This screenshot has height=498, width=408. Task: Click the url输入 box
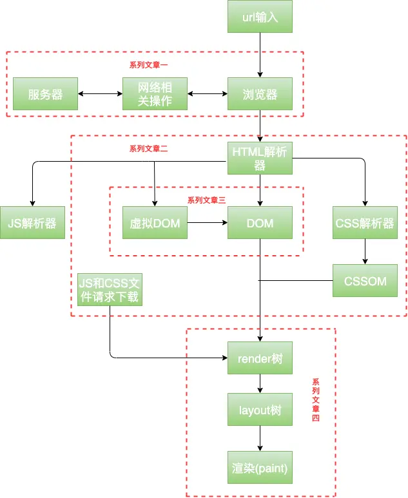tap(260, 17)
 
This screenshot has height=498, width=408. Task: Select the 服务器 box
tap(45, 93)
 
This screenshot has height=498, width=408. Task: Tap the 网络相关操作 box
tap(155, 93)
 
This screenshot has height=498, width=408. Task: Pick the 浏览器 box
tap(260, 93)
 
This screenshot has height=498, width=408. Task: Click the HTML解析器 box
tap(260, 158)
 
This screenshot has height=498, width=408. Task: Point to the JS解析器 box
tap(32, 223)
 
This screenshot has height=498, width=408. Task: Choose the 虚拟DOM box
tap(155, 223)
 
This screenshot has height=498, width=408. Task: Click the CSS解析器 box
tap(365, 223)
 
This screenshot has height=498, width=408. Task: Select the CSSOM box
tap(365, 281)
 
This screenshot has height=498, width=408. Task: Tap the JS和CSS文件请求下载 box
tap(110, 290)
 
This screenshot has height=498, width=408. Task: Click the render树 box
tap(260, 358)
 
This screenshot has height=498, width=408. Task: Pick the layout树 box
tap(260, 409)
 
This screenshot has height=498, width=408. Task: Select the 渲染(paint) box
tap(260, 468)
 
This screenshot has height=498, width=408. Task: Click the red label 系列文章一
tap(148, 65)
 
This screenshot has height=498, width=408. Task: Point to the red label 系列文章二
tap(148, 149)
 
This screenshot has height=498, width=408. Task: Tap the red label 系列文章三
tap(206, 200)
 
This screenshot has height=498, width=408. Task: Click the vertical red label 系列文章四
tap(316, 400)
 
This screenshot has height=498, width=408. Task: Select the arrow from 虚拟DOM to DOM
tap(208, 223)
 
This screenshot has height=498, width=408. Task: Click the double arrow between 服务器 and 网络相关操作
tap(100, 93)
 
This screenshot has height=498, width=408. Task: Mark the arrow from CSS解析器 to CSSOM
tap(365, 251)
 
